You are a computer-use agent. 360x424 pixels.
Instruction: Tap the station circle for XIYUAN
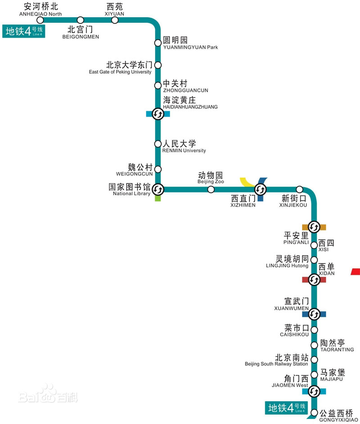pyautogui.click(x=115, y=20)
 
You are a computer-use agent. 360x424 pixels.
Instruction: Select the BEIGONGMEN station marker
pyautogui.click(x=81, y=20)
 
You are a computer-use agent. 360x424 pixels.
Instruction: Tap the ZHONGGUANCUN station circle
pyautogui.click(x=158, y=85)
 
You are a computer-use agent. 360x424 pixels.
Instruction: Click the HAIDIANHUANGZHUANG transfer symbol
pyautogui.click(x=158, y=114)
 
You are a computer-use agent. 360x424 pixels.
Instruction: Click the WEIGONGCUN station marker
pyautogui.click(x=158, y=170)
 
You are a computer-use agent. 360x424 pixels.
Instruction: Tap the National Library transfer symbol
pyautogui.click(x=158, y=189)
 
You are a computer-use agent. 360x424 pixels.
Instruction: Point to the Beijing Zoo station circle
pyautogui.click(x=211, y=189)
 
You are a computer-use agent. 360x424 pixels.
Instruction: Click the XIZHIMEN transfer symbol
pyautogui.click(x=261, y=189)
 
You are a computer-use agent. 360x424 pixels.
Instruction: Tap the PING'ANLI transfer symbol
pyautogui.click(x=314, y=227)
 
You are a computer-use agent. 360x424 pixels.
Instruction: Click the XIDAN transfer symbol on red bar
pyautogui.click(x=314, y=280)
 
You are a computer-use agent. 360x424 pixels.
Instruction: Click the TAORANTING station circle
pyautogui.click(x=314, y=345)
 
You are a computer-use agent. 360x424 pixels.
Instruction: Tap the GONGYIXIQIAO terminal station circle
pyautogui.click(x=314, y=413)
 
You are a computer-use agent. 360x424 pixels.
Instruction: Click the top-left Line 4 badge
pyautogui.click(x=23, y=31)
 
